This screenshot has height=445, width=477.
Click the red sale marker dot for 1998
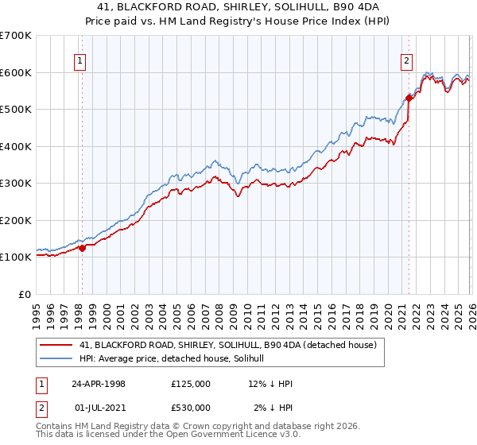pos(82,248)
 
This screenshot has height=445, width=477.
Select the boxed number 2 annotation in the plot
pos(406,60)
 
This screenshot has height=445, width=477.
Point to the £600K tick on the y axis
pos(16,72)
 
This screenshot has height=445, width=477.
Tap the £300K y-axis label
pos(16,184)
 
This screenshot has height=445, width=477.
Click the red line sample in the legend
pos(57,344)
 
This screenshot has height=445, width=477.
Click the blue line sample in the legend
pos(57,358)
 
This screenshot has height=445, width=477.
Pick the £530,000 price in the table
pos(191,408)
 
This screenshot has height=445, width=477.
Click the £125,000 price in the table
pos(191,384)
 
